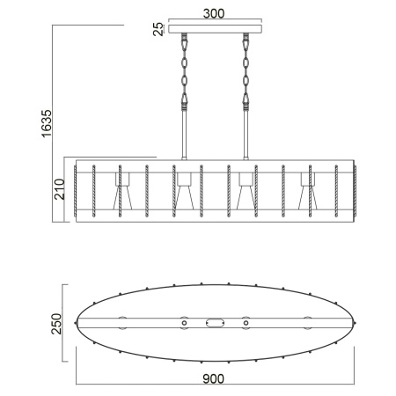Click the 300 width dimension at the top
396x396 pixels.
pyautogui.click(x=212, y=14)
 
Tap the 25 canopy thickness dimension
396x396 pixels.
pyautogui.click(x=159, y=30)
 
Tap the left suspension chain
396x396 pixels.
pyautogui.click(x=186, y=70)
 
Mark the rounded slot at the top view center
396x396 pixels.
pyautogui.click(x=215, y=323)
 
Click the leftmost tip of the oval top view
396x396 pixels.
pyautogui.click(x=75, y=323)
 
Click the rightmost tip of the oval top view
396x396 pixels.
pyautogui.click(x=354, y=323)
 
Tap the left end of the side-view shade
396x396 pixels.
pyautogui.click(x=77, y=190)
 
